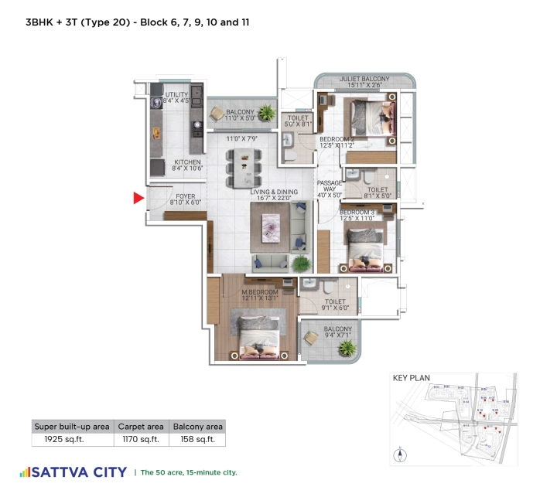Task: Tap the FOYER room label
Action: [x=186, y=196]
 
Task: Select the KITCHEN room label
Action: [x=187, y=162]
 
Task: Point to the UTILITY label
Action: [x=176, y=94]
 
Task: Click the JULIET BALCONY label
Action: [x=362, y=79]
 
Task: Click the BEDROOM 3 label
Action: [x=357, y=213]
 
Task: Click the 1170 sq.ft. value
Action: [x=141, y=440]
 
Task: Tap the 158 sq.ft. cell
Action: [x=197, y=440]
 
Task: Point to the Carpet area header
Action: [x=141, y=426]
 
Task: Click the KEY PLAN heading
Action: [x=412, y=379]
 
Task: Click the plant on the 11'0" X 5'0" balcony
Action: [x=266, y=113]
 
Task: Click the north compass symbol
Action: [x=400, y=454]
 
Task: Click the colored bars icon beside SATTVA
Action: [x=25, y=471]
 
